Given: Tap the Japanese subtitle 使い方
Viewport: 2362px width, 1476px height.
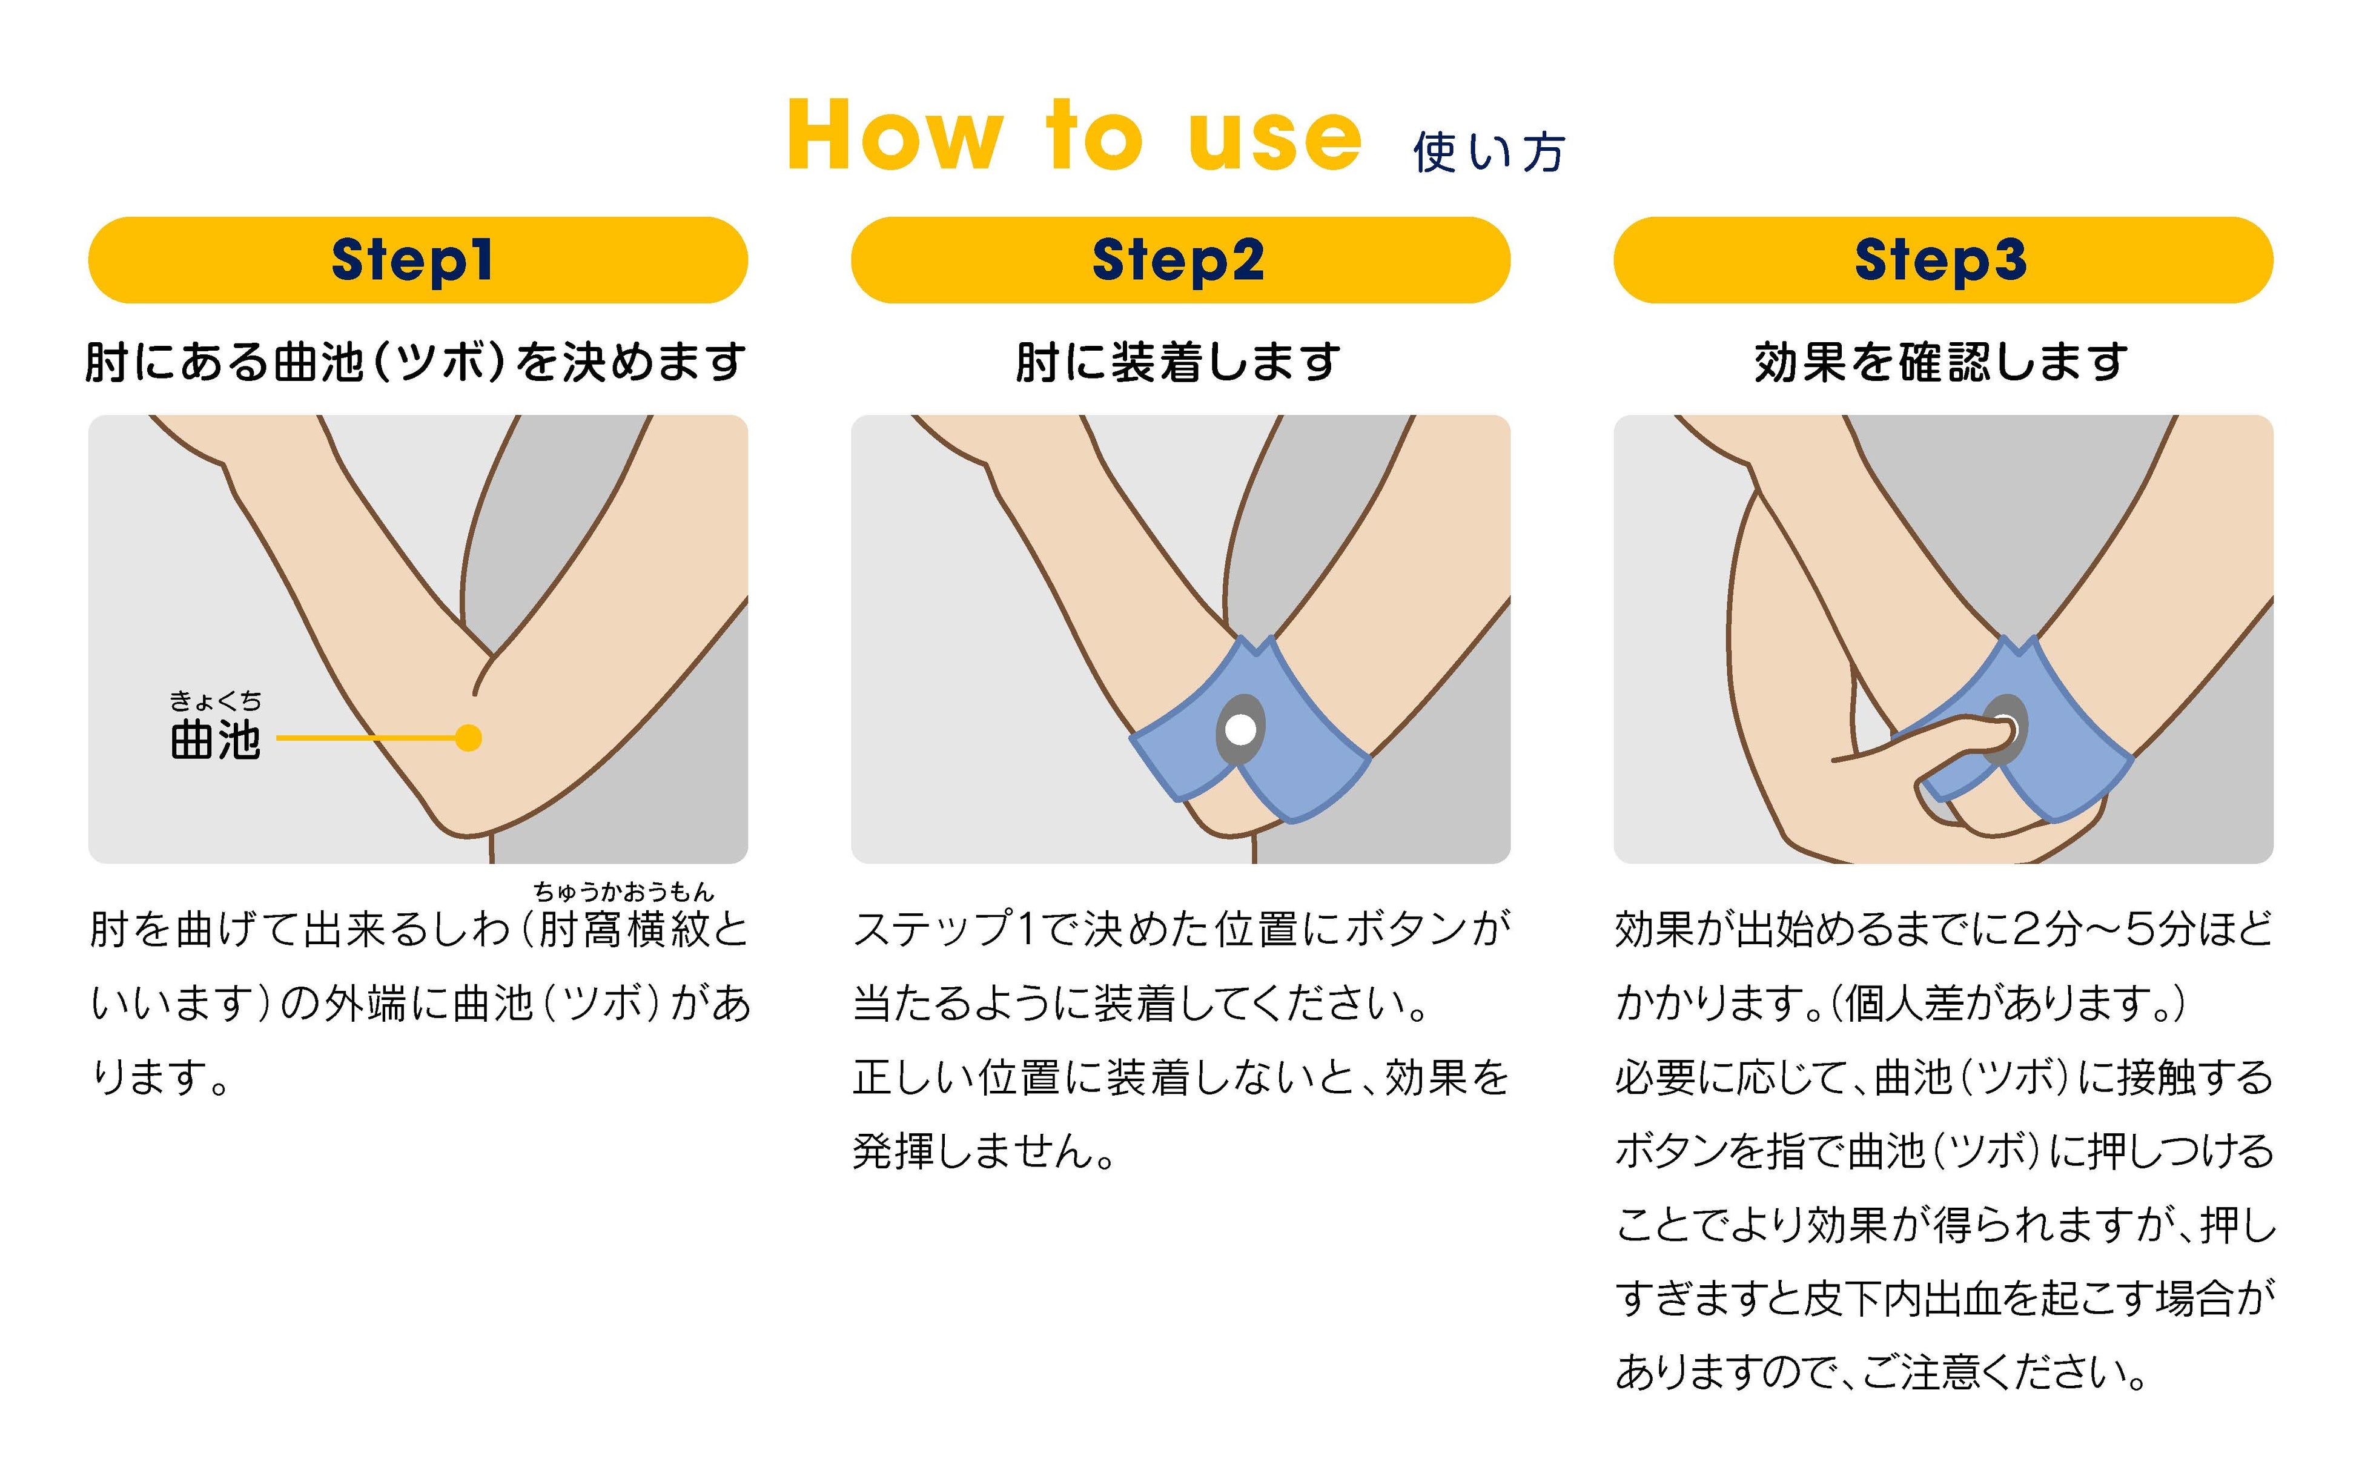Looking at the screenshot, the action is (x=1489, y=152).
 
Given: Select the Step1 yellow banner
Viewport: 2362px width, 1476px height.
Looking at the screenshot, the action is (x=418, y=260).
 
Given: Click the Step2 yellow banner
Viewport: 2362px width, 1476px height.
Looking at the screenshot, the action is (x=1180, y=260).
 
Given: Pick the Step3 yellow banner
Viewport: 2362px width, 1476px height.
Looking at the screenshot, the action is (x=1942, y=260).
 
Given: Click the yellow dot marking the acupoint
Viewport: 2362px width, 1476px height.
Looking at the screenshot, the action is (x=469, y=738).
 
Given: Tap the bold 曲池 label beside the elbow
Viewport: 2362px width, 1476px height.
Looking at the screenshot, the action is (x=216, y=740).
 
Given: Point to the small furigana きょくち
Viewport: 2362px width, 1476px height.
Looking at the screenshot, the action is (x=216, y=701).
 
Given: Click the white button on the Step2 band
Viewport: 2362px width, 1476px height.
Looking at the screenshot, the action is (x=1240, y=728).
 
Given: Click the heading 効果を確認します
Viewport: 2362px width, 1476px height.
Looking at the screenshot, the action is (x=1941, y=362).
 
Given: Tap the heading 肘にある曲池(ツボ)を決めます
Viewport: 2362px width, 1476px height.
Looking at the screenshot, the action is (x=417, y=362).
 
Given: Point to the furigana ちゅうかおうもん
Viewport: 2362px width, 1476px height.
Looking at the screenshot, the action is (x=624, y=892).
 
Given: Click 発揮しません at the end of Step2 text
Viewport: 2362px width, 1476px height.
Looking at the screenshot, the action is (x=984, y=1152).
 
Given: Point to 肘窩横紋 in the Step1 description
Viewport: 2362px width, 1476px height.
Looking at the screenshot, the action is (x=624, y=929).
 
